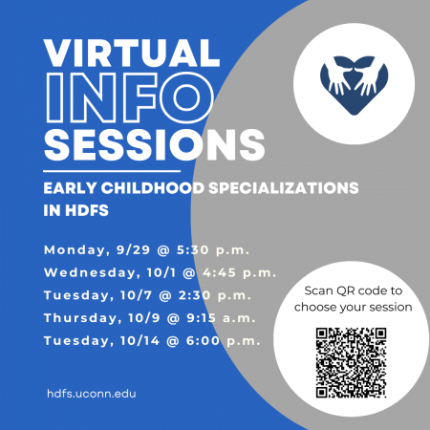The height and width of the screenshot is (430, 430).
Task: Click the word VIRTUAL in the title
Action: point(132,54)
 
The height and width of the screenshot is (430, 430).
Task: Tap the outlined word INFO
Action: point(130,97)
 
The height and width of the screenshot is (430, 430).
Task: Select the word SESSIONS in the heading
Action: point(154,145)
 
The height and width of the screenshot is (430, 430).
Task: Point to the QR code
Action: point(352,363)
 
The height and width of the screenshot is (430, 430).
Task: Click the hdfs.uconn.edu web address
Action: point(92,394)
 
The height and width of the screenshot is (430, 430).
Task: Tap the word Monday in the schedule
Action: point(76,250)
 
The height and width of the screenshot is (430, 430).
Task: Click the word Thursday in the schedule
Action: point(83,318)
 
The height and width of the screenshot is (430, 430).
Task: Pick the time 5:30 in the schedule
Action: point(193,250)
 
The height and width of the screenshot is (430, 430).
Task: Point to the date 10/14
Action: point(140,341)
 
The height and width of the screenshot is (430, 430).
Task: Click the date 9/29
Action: point(133,250)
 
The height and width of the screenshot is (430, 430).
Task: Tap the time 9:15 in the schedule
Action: point(201,318)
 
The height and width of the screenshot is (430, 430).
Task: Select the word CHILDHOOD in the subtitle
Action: point(153,188)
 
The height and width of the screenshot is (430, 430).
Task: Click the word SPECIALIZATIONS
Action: point(284,188)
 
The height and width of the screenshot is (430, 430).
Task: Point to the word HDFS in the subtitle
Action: point(87,210)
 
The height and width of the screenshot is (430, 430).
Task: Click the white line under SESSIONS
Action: point(112,171)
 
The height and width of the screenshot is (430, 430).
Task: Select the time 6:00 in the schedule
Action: point(203,341)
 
